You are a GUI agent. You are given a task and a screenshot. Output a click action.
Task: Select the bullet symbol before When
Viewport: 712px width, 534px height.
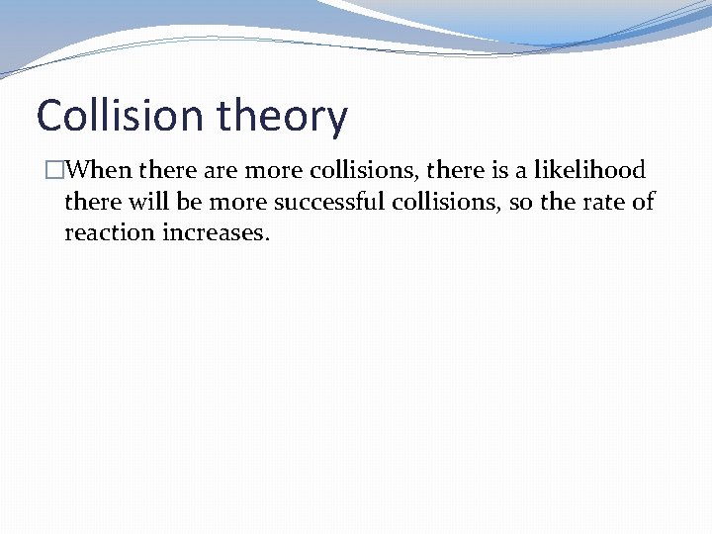[x=54, y=170]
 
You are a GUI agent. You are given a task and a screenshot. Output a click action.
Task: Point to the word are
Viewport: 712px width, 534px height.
[x=220, y=170]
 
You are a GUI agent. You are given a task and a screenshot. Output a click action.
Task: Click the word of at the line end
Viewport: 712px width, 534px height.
[x=644, y=203]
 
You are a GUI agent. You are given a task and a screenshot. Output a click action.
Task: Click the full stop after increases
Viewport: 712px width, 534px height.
[x=267, y=239]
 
